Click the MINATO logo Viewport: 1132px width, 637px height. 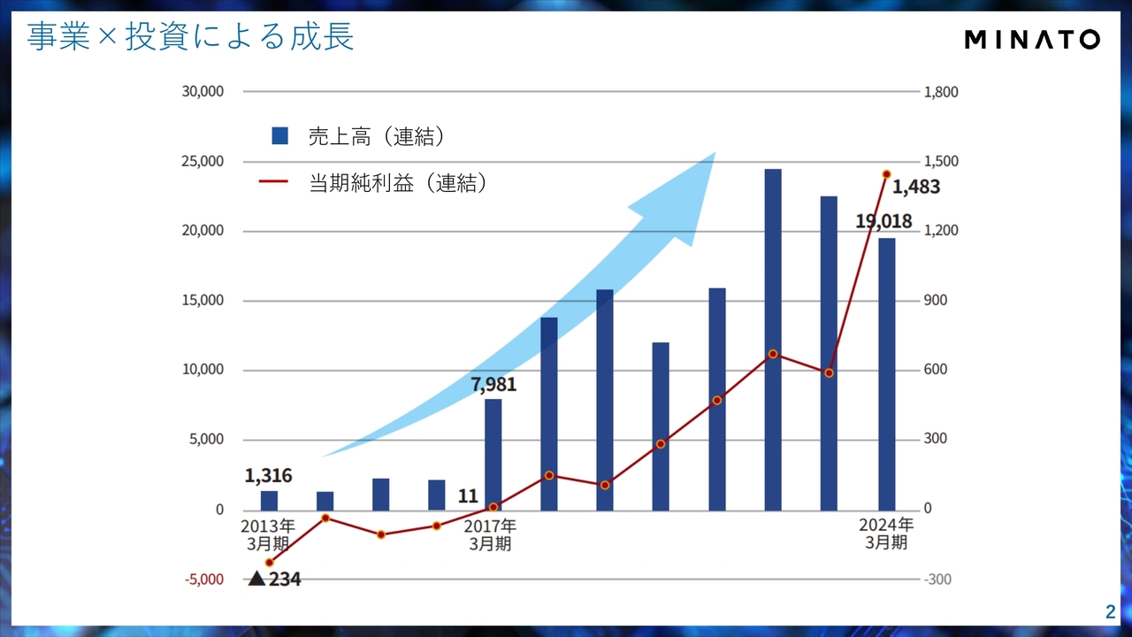[1031, 39]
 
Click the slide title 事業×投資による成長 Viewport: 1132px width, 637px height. [190, 37]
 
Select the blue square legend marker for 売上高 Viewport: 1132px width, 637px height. [280, 135]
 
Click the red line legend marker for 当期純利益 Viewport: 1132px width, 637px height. [273, 182]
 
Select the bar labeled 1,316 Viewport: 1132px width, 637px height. [269, 500]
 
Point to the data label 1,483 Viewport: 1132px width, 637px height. [915, 188]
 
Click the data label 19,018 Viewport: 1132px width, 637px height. [883, 221]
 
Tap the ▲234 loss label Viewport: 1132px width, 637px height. [274, 579]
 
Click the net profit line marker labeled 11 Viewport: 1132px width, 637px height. [493, 507]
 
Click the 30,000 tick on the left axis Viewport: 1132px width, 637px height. [203, 91]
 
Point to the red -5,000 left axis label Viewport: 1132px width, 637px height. [203, 579]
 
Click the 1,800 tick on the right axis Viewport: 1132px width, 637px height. [941, 91]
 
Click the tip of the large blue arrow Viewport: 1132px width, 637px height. [713, 154]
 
